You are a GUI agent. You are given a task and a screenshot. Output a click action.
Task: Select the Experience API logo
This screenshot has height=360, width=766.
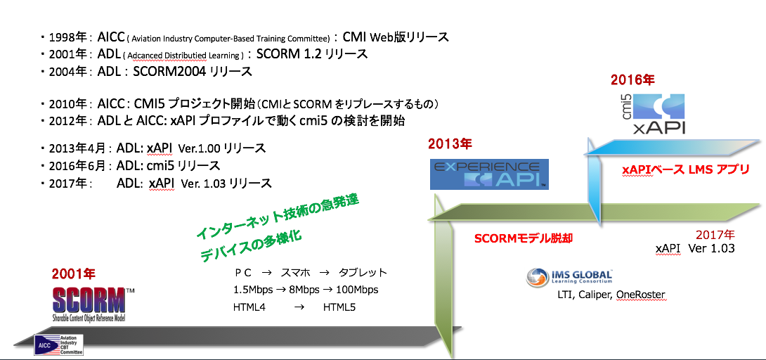click(489, 174)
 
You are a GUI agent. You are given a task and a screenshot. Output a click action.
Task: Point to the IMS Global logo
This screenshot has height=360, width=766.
click(570, 277)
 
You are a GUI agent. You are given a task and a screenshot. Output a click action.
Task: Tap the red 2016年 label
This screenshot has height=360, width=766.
click(632, 79)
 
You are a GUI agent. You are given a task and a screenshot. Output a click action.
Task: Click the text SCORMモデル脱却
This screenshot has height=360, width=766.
click(524, 238)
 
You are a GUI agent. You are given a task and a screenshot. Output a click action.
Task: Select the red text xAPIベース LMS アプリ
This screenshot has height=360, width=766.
click(685, 169)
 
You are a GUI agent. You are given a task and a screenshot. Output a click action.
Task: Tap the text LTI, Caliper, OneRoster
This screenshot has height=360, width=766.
click(611, 295)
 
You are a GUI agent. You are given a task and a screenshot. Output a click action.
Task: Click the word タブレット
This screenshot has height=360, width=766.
click(363, 272)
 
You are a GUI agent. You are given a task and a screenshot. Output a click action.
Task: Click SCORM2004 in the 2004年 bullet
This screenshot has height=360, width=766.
click(169, 71)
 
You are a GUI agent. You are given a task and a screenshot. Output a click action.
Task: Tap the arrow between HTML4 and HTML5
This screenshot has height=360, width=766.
click(299, 308)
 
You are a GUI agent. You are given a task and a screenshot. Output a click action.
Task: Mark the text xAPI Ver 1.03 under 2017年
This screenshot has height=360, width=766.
click(695, 248)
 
